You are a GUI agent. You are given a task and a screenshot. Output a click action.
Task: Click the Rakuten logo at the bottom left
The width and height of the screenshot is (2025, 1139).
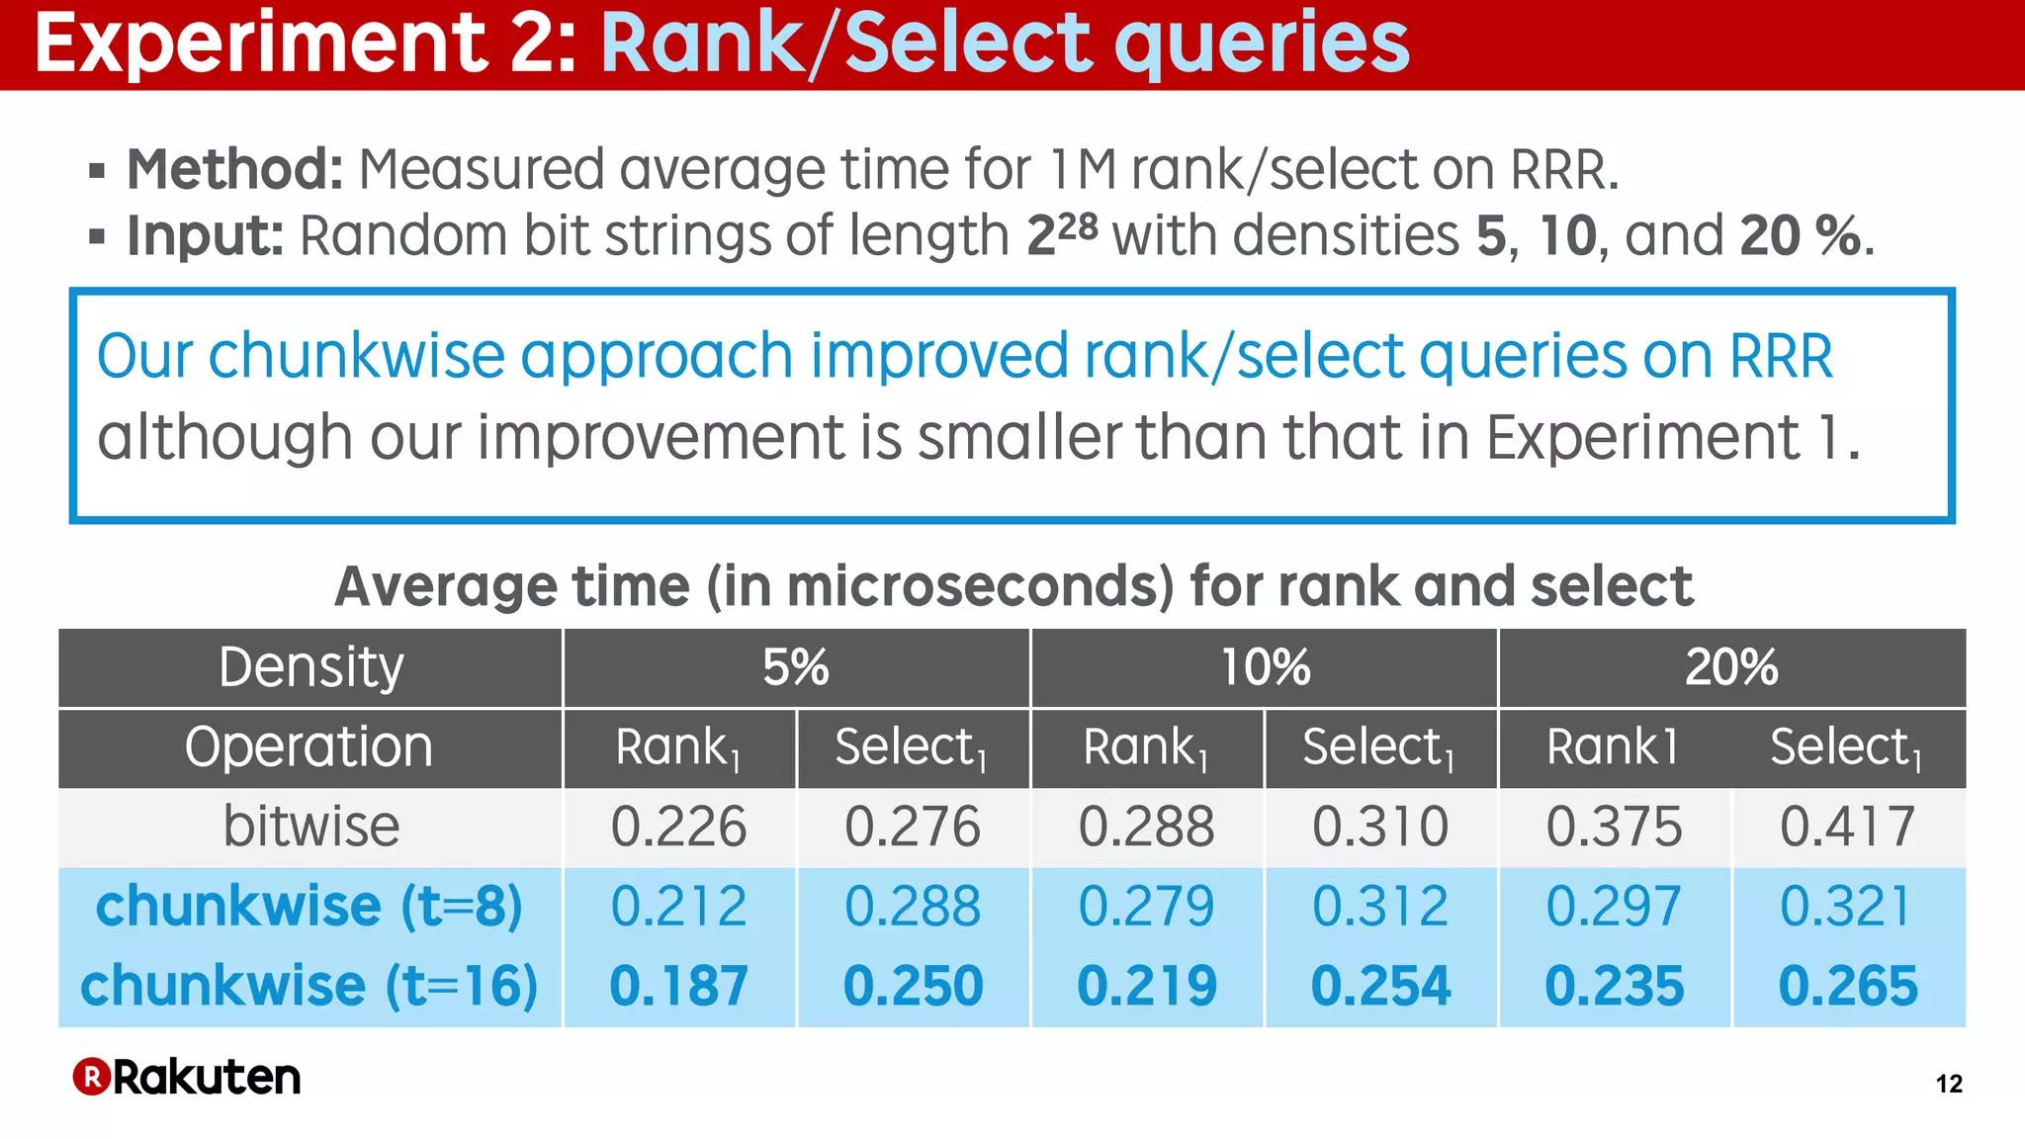tap(187, 1077)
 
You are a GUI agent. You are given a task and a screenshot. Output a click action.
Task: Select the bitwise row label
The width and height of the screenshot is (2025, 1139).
tap(310, 827)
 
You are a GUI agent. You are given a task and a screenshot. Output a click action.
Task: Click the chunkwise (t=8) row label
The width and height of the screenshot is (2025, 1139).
tap(308, 906)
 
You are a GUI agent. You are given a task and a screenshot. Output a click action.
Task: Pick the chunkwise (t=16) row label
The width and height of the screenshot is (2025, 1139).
tap(308, 986)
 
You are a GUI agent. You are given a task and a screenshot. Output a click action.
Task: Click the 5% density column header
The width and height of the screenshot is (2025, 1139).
tap(796, 667)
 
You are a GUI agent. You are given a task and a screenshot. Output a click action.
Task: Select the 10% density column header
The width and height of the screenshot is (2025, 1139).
tap(1265, 667)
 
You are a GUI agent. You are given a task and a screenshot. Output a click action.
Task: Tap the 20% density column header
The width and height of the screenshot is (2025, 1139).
tap(1731, 667)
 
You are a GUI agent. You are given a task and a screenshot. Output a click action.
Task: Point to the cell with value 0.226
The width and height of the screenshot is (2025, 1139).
tap(678, 827)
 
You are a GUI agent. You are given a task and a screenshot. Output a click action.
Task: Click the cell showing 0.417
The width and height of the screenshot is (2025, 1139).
tap(1847, 827)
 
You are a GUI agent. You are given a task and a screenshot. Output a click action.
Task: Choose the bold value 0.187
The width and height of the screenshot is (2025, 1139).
tap(678, 986)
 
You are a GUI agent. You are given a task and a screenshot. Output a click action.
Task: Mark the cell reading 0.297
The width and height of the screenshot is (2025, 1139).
tap(1614, 906)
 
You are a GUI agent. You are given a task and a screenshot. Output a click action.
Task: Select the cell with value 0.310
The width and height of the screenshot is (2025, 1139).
tap(1380, 827)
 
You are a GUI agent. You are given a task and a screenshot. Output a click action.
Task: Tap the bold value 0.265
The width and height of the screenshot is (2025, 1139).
tap(1847, 986)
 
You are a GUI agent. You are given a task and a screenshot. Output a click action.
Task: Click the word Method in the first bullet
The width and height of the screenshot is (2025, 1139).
tap(234, 169)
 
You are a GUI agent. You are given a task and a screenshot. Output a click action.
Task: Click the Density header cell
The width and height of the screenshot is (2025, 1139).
tap(310, 667)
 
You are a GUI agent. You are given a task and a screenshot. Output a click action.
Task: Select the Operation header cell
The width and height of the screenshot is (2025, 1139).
tap(308, 746)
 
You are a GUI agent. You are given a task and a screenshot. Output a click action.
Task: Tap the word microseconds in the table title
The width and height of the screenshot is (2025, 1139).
tap(980, 586)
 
